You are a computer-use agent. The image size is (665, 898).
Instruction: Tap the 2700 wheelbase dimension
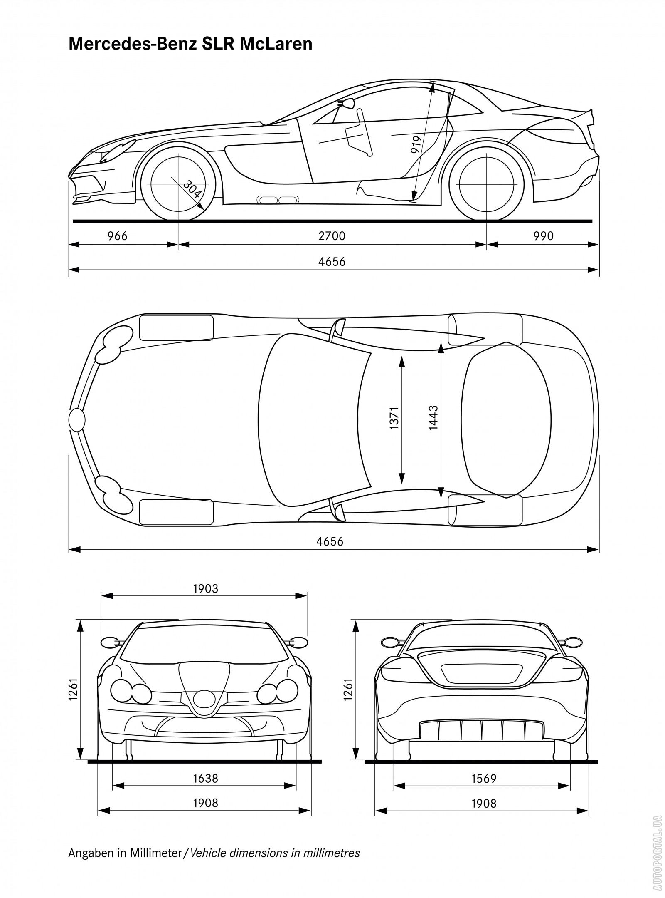332,236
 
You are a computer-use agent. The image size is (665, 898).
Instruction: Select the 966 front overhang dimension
118,236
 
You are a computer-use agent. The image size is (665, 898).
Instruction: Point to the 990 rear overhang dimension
544,236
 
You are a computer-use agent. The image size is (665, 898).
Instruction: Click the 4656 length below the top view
330,541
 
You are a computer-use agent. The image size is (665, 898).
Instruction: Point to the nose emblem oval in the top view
77,419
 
